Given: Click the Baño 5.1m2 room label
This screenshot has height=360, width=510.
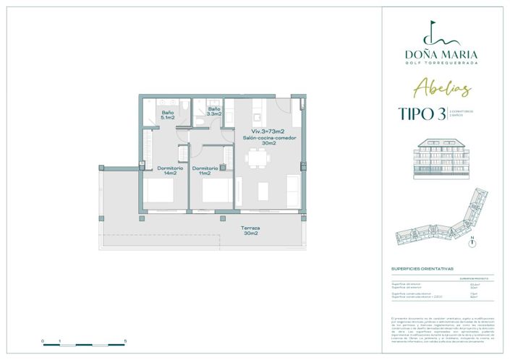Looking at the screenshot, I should click(167, 114).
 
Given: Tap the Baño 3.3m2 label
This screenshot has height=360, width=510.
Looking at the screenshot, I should click(213, 112).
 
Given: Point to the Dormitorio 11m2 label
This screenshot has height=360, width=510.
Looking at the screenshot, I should click(202, 171).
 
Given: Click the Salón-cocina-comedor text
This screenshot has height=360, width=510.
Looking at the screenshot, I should click(261, 137).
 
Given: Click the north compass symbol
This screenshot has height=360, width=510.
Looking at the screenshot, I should click(472, 243).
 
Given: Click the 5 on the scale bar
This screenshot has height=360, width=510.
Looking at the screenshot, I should click(126, 340).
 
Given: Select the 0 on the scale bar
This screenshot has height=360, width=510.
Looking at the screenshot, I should click(43, 340).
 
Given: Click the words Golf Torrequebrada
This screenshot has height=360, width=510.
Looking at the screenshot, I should click(441, 63).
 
